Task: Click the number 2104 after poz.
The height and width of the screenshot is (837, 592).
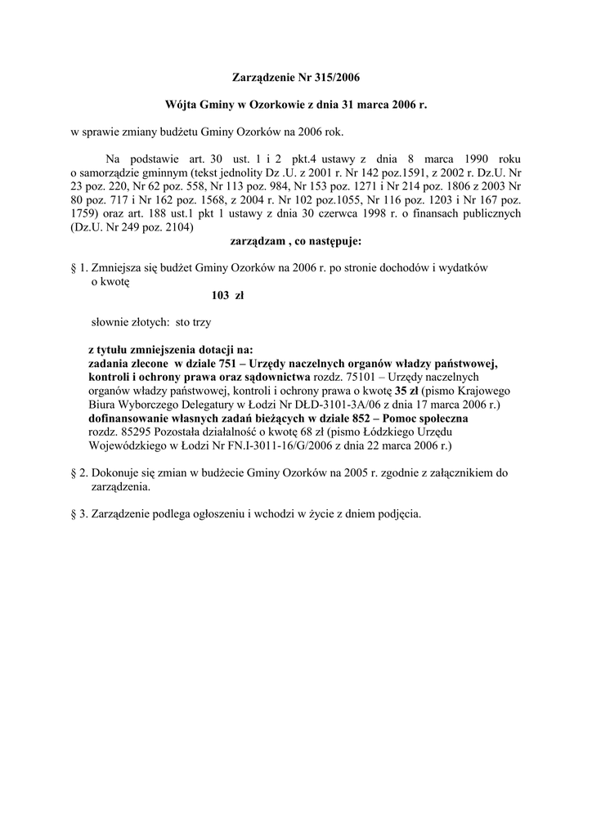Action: [x=178, y=228]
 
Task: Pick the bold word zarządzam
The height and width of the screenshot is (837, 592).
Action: [x=255, y=242]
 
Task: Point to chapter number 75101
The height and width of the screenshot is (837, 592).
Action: [x=365, y=377]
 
